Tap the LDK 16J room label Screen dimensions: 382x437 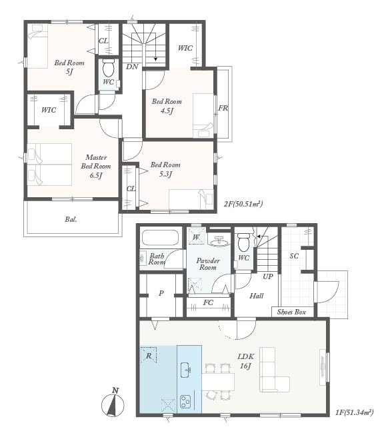[x=245, y=361]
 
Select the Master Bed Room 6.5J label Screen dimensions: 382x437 [x=95, y=167]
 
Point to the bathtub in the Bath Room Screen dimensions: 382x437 [x=160, y=237]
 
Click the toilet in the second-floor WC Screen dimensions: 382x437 [x=109, y=68]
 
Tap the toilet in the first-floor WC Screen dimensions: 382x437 [x=243, y=242]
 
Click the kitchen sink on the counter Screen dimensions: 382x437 [x=186, y=370]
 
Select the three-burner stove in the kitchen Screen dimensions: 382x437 [x=185, y=402]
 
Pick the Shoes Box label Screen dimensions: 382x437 [x=291, y=312]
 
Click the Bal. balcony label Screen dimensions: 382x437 [x=71, y=219]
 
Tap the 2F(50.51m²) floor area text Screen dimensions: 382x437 [x=243, y=204]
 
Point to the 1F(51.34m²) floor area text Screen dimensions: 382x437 [x=354, y=412]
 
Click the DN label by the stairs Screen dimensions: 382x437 [x=132, y=67]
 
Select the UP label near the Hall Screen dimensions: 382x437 [x=268, y=276]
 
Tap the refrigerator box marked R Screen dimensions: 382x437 [x=149, y=355]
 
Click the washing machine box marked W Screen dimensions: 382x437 [x=196, y=236]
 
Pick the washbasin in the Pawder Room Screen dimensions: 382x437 [x=219, y=242]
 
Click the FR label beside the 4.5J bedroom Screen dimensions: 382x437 [x=223, y=108]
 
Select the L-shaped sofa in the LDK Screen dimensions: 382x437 [x=274, y=370]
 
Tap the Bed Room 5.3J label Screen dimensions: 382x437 [x=165, y=169]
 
